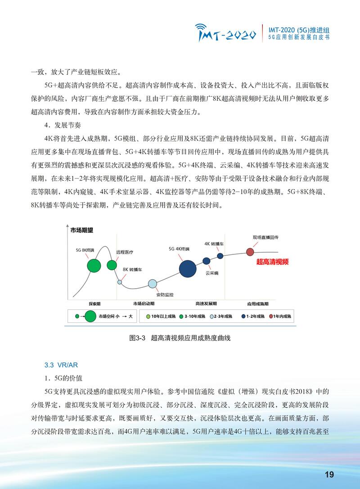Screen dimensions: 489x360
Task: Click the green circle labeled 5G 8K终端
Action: point(94,265)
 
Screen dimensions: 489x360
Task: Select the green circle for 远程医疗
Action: point(112,264)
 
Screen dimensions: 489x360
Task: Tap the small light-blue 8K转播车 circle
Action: point(120,282)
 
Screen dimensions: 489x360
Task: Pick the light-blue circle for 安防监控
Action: point(153,284)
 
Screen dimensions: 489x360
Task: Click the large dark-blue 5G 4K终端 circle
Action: point(188,268)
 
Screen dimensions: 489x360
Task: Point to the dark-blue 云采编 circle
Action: point(207,261)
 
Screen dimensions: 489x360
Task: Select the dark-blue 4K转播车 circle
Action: point(220,256)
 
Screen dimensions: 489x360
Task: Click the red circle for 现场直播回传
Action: point(250,252)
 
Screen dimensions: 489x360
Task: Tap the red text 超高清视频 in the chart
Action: point(272,262)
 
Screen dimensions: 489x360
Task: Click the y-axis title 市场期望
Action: point(82,230)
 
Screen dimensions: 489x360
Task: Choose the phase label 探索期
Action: point(94,303)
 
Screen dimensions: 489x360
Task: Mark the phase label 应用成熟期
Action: point(258,303)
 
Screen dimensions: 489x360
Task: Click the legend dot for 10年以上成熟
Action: point(148,317)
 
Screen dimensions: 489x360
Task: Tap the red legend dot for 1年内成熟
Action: point(271,317)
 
